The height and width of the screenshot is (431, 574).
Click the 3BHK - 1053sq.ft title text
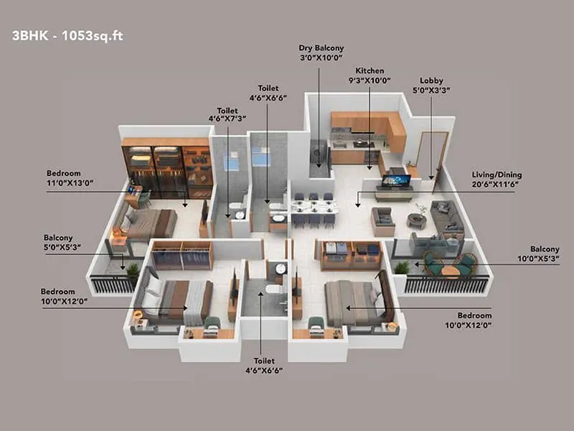(67, 36)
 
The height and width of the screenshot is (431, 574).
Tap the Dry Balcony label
(321, 52)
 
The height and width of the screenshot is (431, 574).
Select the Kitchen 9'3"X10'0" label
(370, 75)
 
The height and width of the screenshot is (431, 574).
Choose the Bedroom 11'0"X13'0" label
(70, 177)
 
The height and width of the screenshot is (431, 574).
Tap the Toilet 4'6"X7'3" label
(227, 114)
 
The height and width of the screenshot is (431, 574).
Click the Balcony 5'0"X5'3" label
(62, 242)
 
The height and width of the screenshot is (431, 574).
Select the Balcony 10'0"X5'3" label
(538, 254)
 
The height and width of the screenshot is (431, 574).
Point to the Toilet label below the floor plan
(264, 366)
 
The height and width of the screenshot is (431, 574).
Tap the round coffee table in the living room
(417, 221)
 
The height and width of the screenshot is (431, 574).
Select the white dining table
(314, 207)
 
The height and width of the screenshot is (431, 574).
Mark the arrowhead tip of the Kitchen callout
(370, 170)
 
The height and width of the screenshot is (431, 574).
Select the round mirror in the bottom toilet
(281, 269)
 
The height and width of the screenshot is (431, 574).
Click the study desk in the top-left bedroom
(133, 196)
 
